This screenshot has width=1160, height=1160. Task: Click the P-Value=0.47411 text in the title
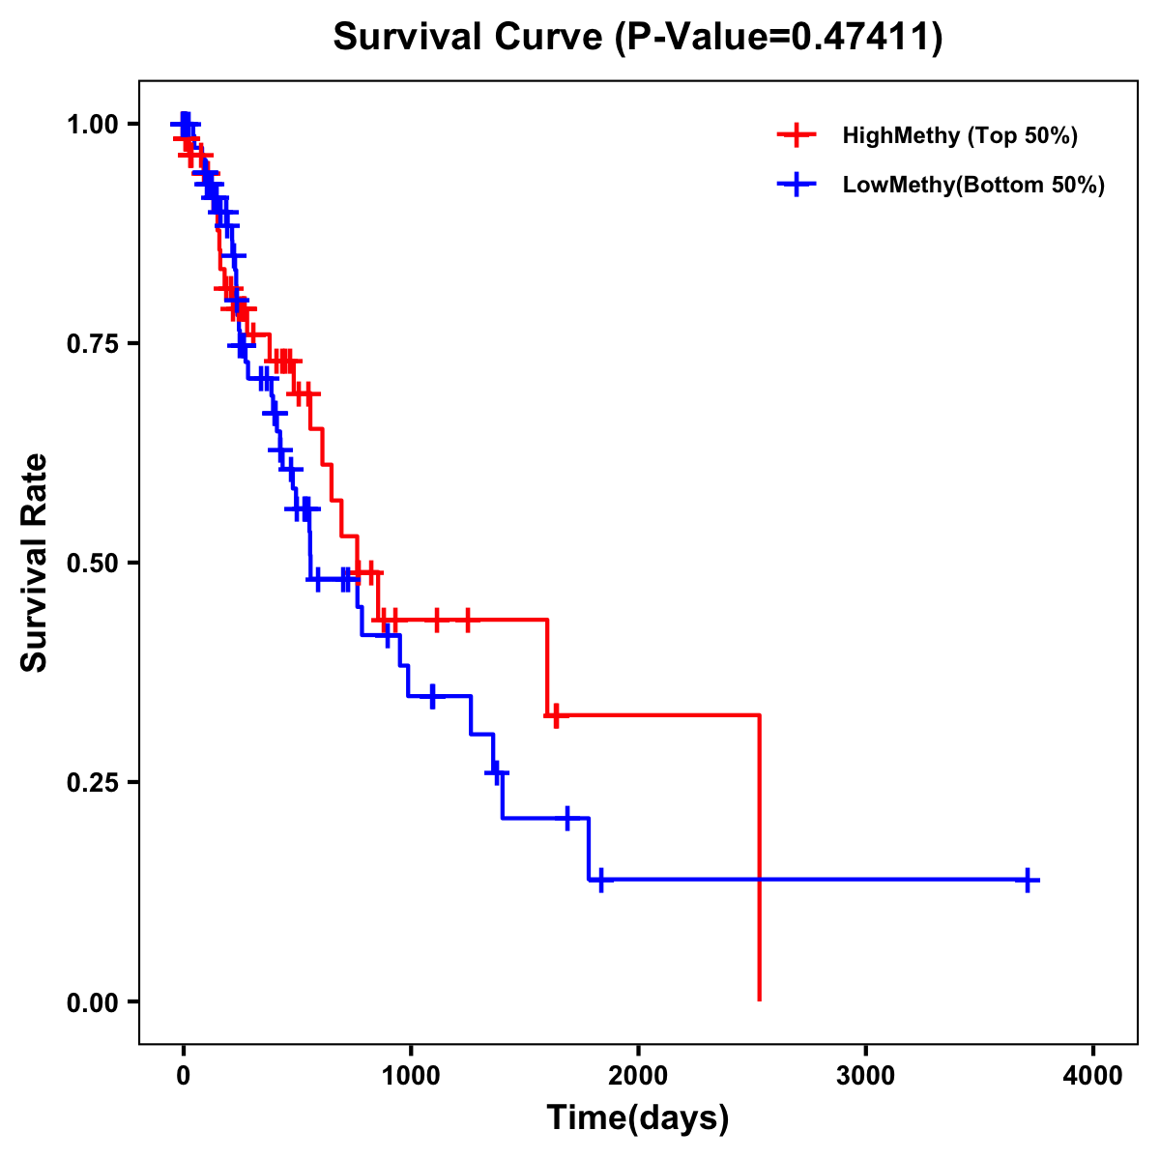tap(780, 38)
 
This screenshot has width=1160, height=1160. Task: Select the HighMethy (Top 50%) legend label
tap(960, 135)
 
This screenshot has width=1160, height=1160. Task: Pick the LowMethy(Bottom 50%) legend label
tap(973, 185)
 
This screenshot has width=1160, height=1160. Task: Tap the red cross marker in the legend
tap(797, 135)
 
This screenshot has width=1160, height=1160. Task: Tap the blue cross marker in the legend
tap(797, 185)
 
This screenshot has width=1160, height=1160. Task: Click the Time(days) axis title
tap(638, 1118)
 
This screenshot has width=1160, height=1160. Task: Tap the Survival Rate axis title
tap(35, 563)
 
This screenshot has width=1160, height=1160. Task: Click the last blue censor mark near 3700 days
tap(1028, 880)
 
